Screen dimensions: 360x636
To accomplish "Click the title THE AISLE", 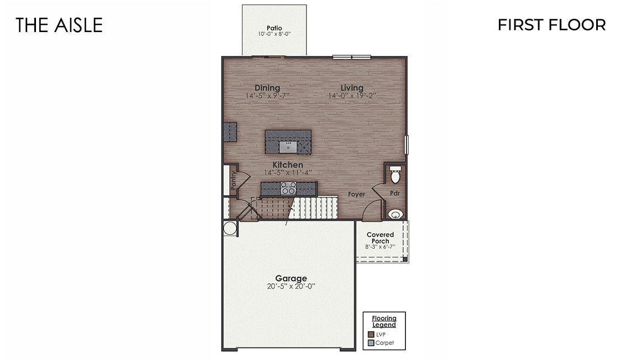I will [x=59, y=25].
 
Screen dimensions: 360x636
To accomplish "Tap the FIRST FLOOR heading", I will [x=551, y=25].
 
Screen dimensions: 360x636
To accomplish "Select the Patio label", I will [x=274, y=28].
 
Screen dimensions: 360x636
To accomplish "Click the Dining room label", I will [x=267, y=88].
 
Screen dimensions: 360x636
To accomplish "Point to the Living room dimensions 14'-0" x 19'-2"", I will [x=352, y=96].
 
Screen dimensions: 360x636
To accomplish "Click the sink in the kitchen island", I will [x=288, y=147].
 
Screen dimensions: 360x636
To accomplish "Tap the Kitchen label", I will [x=288, y=165].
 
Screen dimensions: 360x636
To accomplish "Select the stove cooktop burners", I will [x=288, y=188].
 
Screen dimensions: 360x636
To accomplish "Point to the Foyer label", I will [x=356, y=194].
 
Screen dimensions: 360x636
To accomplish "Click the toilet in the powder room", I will [x=395, y=176].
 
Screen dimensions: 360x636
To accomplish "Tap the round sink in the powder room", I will [x=394, y=214].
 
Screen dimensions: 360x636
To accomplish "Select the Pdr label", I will [x=395, y=194].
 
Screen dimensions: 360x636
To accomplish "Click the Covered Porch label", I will [x=380, y=238].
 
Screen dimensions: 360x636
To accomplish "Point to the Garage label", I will [x=291, y=279].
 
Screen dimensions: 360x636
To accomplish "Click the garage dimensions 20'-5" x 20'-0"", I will [x=291, y=286].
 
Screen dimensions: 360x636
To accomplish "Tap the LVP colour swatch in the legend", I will [x=371, y=334].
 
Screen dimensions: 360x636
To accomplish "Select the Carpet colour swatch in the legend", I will [x=371, y=343].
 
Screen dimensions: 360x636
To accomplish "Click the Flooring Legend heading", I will [x=384, y=321].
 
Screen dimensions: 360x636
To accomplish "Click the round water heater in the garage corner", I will [x=229, y=228].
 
